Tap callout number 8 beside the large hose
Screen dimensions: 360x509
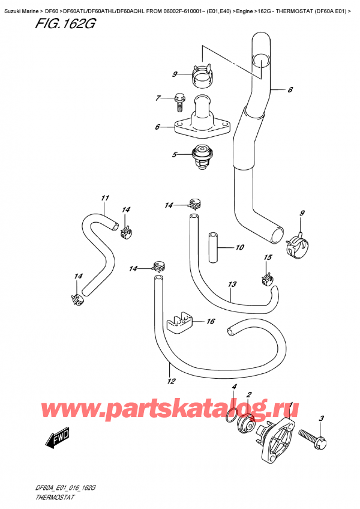[x=290, y=91]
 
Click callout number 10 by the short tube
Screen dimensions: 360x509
[x=239, y=247]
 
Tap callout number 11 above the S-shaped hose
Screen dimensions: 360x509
[x=104, y=198]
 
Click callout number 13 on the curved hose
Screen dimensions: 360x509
[x=232, y=285]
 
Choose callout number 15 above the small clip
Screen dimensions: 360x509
[x=268, y=258]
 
